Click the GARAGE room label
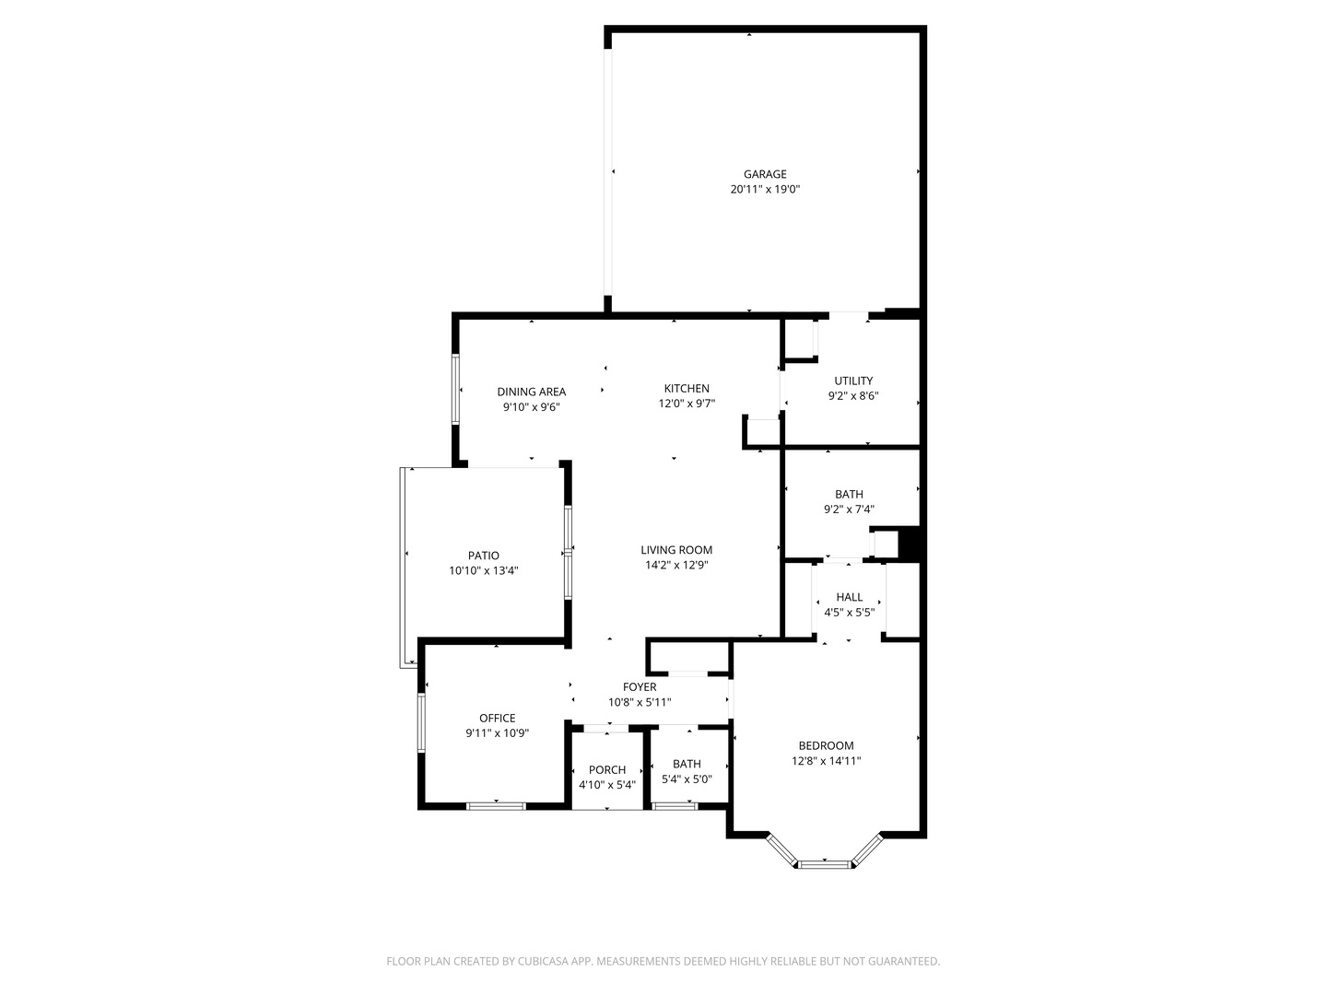click(765, 174)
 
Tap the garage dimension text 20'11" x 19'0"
click(765, 190)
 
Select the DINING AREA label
click(531, 392)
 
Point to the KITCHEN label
click(687, 389)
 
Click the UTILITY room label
click(853, 380)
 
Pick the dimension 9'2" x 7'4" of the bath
click(849, 509)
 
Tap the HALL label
click(849, 597)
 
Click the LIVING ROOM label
click(676, 550)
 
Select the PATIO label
click(483, 556)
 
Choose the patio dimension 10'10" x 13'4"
click(483, 571)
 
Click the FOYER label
click(640, 687)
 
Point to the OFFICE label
click(497, 719)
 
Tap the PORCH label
click(607, 770)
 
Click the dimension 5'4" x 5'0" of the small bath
click(687, 779)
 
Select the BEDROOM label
click(826, 746)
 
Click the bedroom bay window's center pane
click(825, 864)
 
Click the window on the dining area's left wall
click(455, 389)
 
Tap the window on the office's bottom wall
click(496, 806)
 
